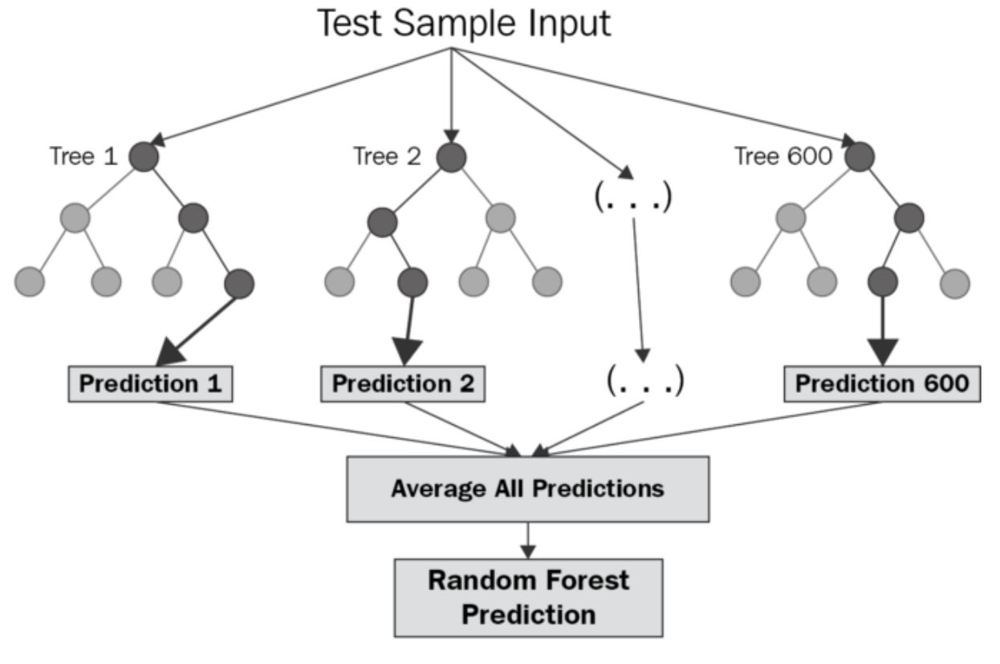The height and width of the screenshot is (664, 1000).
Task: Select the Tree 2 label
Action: (x=386, y=157)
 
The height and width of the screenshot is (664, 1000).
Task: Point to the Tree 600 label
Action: (x=783, y=157)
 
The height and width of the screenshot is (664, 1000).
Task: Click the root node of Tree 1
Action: (x=143, y=157)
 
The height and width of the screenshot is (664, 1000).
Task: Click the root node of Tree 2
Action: (x=452, y=157)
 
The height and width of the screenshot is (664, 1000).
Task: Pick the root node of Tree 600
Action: (x=859, y=157)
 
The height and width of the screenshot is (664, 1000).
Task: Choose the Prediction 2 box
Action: (x=403, y=384)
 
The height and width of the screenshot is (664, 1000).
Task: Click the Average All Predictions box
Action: (x=527, y=488)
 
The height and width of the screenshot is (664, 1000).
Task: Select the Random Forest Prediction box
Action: (x=528, y=597)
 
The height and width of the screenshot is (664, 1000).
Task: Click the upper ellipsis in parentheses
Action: (x=632, y=197)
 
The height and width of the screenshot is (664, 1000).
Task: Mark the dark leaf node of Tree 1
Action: (x=239, y=282)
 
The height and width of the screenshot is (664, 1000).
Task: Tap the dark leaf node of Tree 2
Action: (x=413, y=282)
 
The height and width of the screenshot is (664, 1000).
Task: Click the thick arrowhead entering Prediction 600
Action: (x=883, y=350)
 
